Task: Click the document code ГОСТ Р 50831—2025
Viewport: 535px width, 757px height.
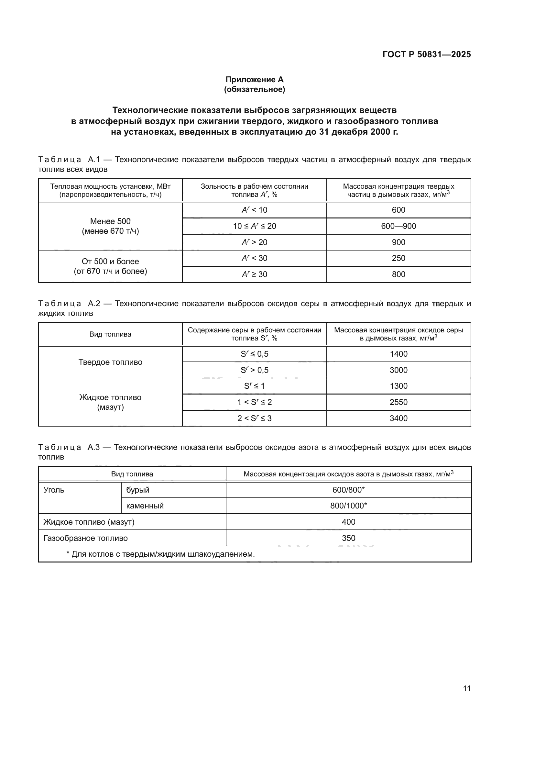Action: tap(426, 54)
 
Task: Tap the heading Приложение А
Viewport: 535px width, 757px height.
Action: tap(254, 80)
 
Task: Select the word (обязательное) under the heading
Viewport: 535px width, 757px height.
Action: tap(254, 89)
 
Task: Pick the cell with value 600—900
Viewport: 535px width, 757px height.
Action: tap(398, 226)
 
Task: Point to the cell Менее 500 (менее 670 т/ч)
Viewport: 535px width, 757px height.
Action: tap(110, 226)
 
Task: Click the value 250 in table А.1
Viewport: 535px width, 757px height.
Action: tap(398, 258)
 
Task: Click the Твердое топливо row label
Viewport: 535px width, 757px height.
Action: tap(110, 362)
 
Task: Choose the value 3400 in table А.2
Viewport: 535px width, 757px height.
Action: tap(398, 418)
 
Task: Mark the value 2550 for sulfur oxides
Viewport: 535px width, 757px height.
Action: tap(398, 402)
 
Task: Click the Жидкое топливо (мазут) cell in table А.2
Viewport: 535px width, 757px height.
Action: tap(110, 402)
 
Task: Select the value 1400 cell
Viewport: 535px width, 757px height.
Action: tap(398, 354)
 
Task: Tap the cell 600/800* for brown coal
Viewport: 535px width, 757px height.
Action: tap(348, 490)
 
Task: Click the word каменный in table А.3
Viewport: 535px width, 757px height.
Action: tap(145, 506)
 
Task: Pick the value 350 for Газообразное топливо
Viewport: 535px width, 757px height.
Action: tap(348, 538)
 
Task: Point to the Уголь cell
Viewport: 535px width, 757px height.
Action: tap(54, 490)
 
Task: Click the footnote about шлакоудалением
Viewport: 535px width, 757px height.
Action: tap(161, 554)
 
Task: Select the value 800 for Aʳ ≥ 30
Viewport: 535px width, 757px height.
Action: tap(398, 274)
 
